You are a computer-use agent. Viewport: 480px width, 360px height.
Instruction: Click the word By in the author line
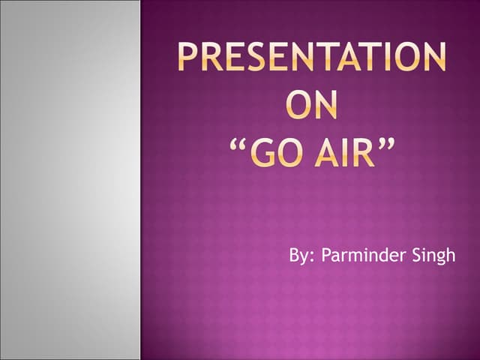click(x=298, y=256)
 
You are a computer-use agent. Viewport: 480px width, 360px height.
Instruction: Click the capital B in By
click(x=294, y=256)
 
